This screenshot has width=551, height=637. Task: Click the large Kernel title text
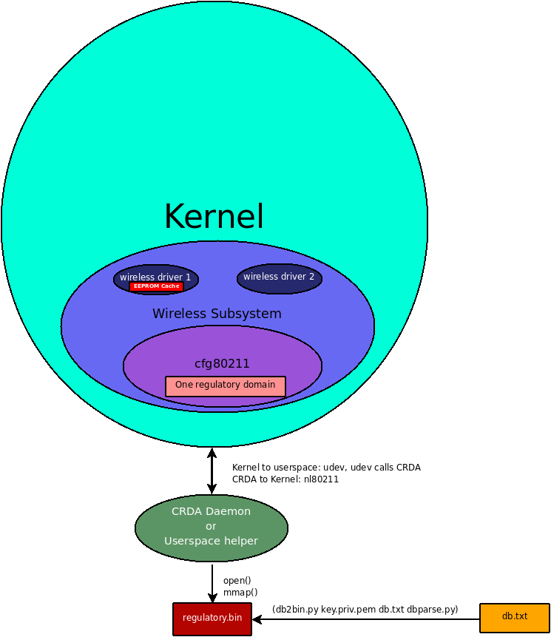[x=214, y=217]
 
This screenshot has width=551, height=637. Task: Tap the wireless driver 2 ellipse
[x=279, y=277]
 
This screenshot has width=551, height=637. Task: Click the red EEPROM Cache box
[x=156, y=286]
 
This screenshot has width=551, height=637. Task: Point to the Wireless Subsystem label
[x=217, y=314]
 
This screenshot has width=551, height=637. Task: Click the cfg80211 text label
[x=222, y=364]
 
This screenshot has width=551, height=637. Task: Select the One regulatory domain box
[x=225, y=385]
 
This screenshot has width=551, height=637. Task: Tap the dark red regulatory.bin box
[x=212, y=619]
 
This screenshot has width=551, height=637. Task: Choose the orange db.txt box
[x=514, y=617]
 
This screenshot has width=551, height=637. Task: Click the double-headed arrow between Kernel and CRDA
[x=212, y=471]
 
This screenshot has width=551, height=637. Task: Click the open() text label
[x=237, y=581]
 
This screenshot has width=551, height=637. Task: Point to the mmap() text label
[x=240, y=592]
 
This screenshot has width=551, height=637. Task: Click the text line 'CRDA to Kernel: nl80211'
[x=285, y=479]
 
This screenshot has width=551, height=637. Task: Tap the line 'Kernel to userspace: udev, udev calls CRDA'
[x=326, y=468]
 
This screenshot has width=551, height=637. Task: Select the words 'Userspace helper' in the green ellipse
[x=212, y=541]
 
